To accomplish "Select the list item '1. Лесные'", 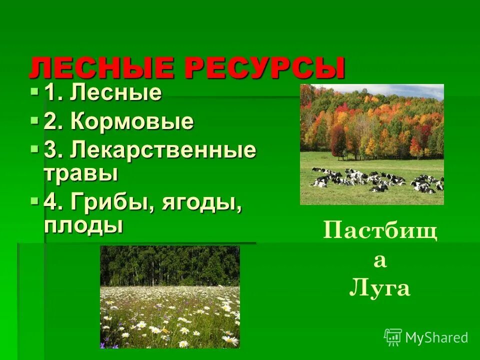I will (x=103, y=93).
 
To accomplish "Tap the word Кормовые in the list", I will (x=132, y=122).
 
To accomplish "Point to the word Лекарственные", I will (x=163, y=151).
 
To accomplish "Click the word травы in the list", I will (x=81, y=173).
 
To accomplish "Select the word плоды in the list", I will (x=83, y=225).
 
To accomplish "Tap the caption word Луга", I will (x=380, y=288).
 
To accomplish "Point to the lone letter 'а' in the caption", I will (x=380, y=261).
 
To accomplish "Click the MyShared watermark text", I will (x=436, y=337).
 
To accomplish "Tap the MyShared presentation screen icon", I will (x=393, y=337).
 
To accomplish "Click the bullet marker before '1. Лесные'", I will (x=34, y=91).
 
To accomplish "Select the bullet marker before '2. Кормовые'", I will (x=34, y=120).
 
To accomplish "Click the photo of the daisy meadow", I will (x=170, y=296).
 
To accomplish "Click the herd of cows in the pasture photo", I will (x=375, y=180).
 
